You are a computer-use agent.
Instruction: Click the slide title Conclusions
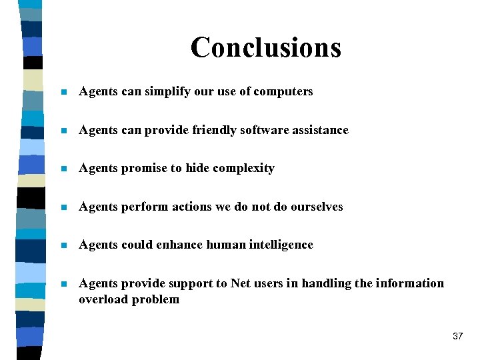[265, 47]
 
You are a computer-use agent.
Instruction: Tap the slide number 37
[457, 336]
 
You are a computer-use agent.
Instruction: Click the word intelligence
[281, 245]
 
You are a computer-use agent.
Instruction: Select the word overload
[103, 299]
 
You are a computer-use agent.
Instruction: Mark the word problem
[155, 300]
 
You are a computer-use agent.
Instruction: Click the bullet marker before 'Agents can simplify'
[63, 93]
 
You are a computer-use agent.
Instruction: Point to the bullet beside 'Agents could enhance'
[63, 245]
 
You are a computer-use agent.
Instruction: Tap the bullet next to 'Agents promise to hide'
[63, 169]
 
